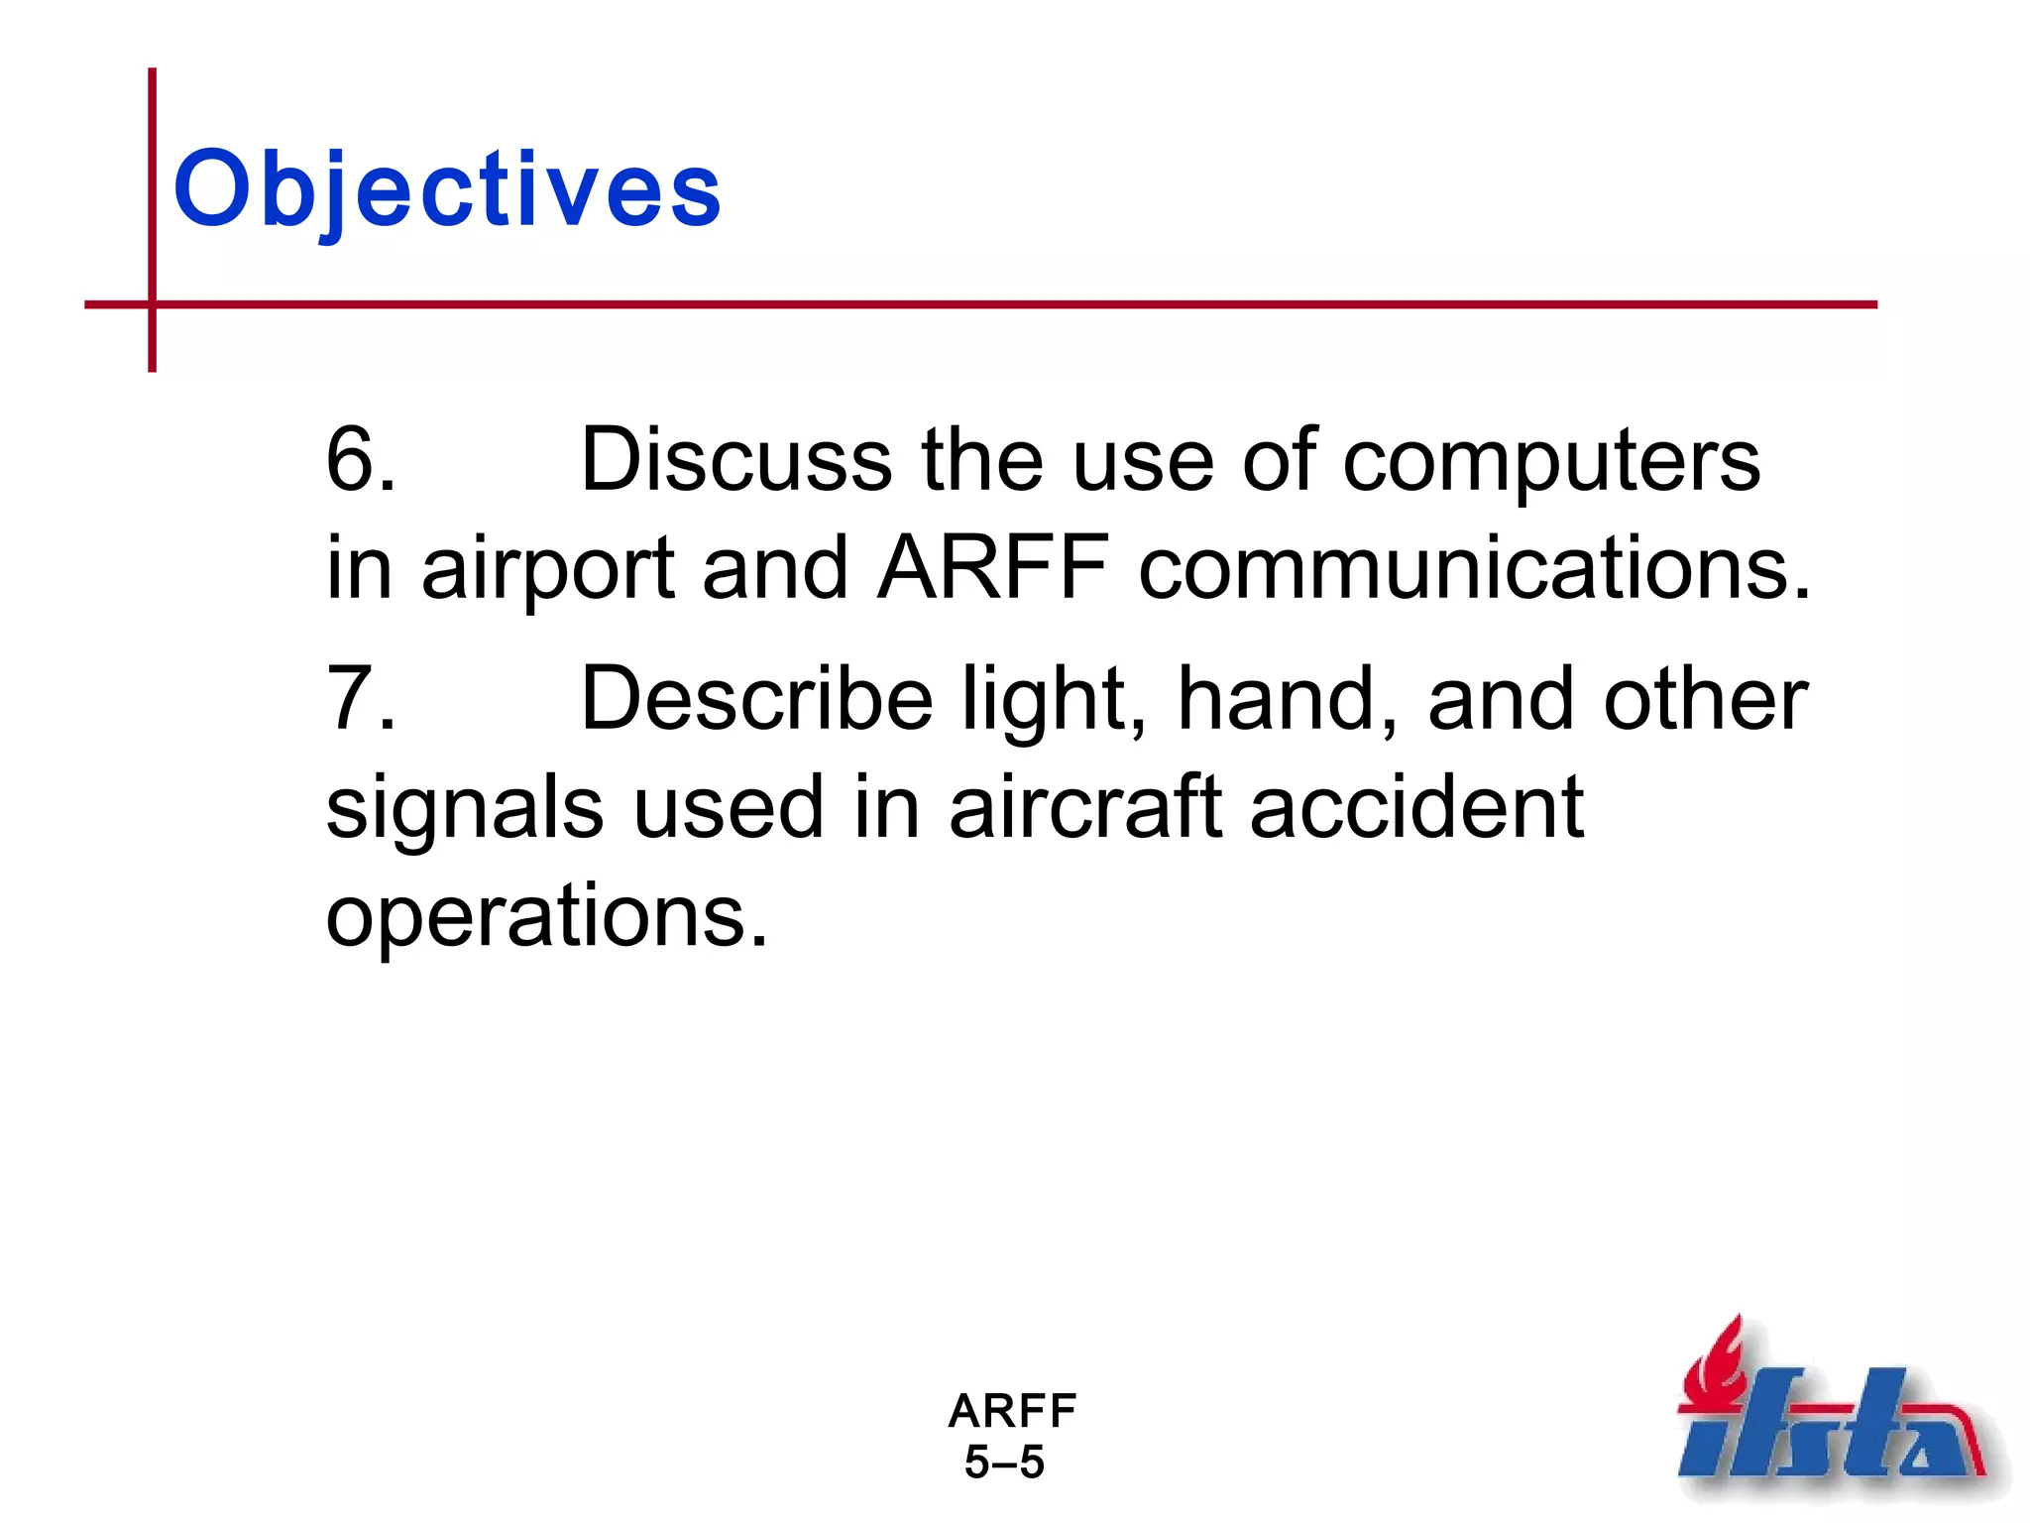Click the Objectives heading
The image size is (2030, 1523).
447,188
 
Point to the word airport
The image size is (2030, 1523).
548,571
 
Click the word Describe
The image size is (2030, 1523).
755,699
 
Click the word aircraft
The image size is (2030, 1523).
1084,807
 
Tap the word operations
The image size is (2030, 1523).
546,918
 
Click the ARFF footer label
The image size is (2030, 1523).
1011,1410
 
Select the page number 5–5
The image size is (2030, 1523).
1004,1463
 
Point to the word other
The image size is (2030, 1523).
1705,699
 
